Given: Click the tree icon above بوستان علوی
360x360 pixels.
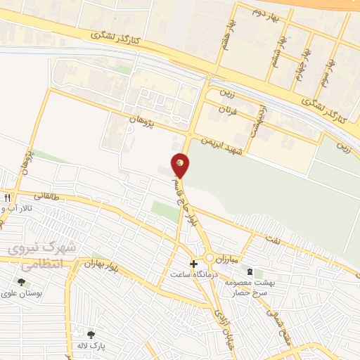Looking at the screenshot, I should click(x=21, y=282).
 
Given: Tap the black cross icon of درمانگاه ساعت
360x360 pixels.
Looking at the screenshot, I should click(x=193, y=264).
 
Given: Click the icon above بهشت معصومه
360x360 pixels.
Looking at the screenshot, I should click(x=249, y=271).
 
